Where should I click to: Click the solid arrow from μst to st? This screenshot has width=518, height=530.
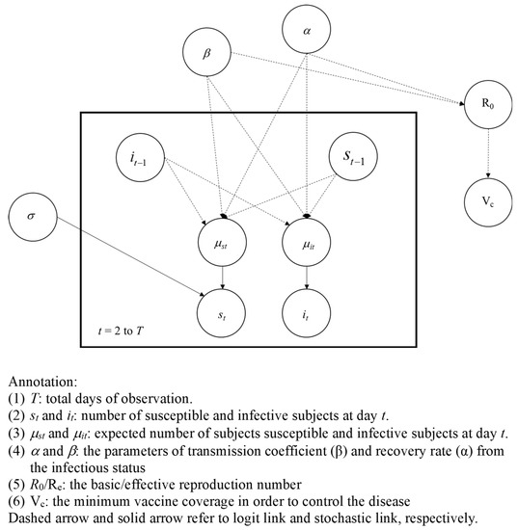(224, 278)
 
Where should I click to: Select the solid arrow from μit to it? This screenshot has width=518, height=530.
(306, 278)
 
